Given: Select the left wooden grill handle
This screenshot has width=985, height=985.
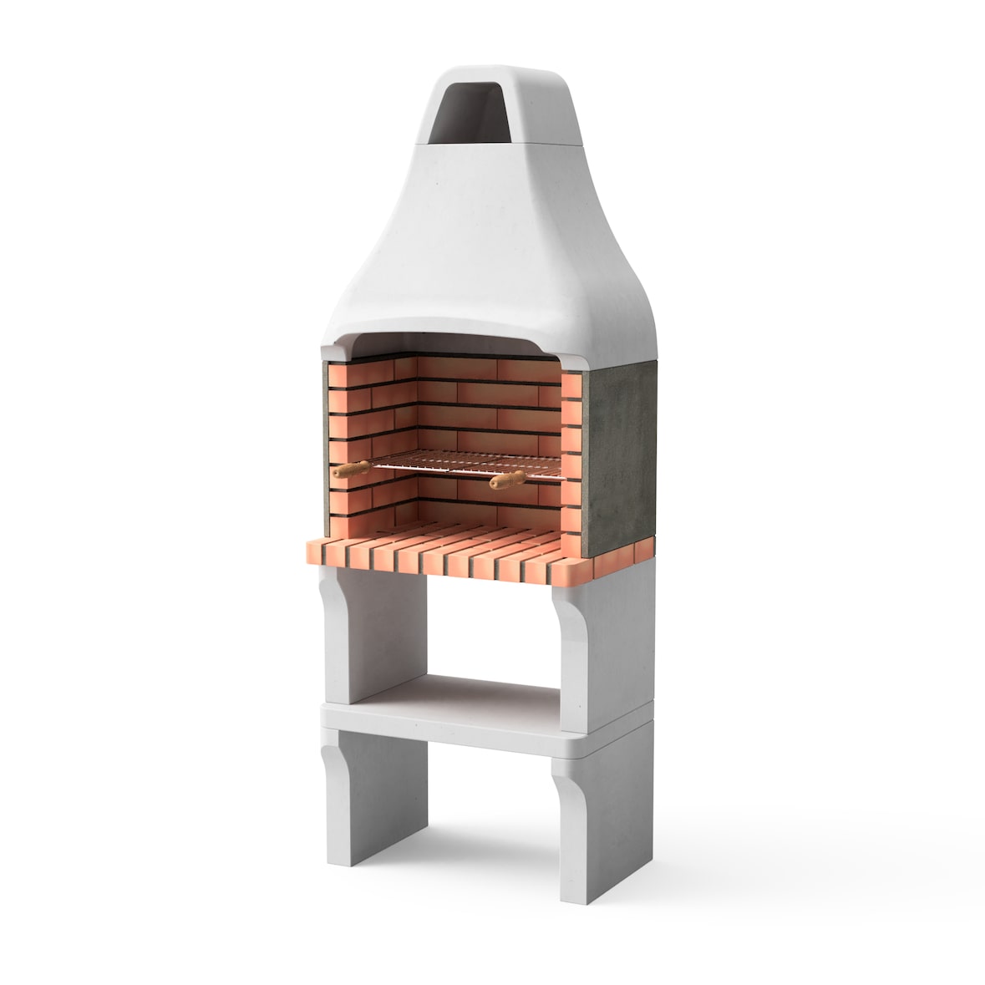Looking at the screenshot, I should tap(351, 470).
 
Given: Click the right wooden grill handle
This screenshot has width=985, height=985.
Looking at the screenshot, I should tap(508, 480).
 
